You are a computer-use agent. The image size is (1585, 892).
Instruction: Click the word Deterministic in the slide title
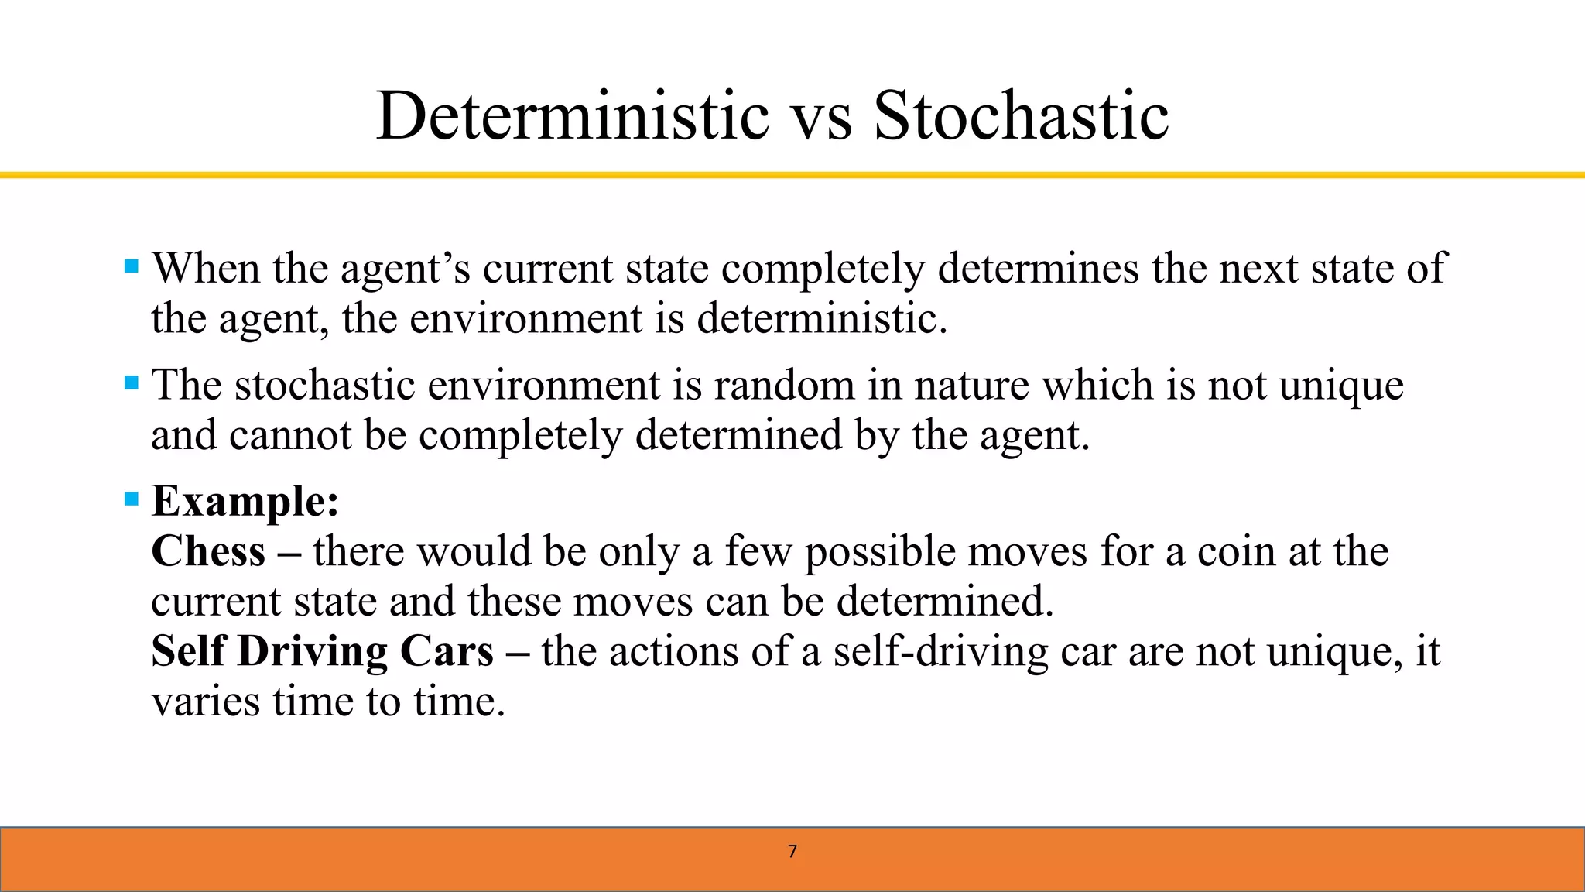[x=573, y=116]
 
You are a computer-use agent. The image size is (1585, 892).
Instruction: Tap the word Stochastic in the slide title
[x=1021, y=116]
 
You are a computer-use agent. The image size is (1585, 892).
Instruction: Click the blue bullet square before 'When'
[x=132, y=267]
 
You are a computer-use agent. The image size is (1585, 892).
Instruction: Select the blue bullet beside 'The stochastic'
[x=132, y=383]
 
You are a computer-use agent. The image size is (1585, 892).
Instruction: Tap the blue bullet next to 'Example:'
[x=132, y=499]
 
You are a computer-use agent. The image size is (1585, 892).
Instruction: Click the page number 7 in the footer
[x=792, y=852]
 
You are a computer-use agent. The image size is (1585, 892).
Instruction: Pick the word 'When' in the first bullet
[x=206, y=269]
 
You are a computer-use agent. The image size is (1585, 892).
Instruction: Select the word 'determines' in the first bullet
[x=1038, y=269]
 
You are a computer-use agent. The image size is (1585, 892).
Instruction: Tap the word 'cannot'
[x=290, y=435]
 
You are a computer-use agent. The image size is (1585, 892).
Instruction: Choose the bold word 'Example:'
[x=245, y=502]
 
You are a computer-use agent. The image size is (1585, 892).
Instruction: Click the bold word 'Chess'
[x=208, y=551]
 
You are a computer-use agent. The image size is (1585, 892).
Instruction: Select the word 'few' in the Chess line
[x=758, y=551]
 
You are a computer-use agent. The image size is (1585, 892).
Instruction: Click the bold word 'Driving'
[x=312, y=652]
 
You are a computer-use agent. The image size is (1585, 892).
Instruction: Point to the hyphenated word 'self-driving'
[x=940, y=652]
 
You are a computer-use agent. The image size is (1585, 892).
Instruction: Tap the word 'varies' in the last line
[x=205, y=702]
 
